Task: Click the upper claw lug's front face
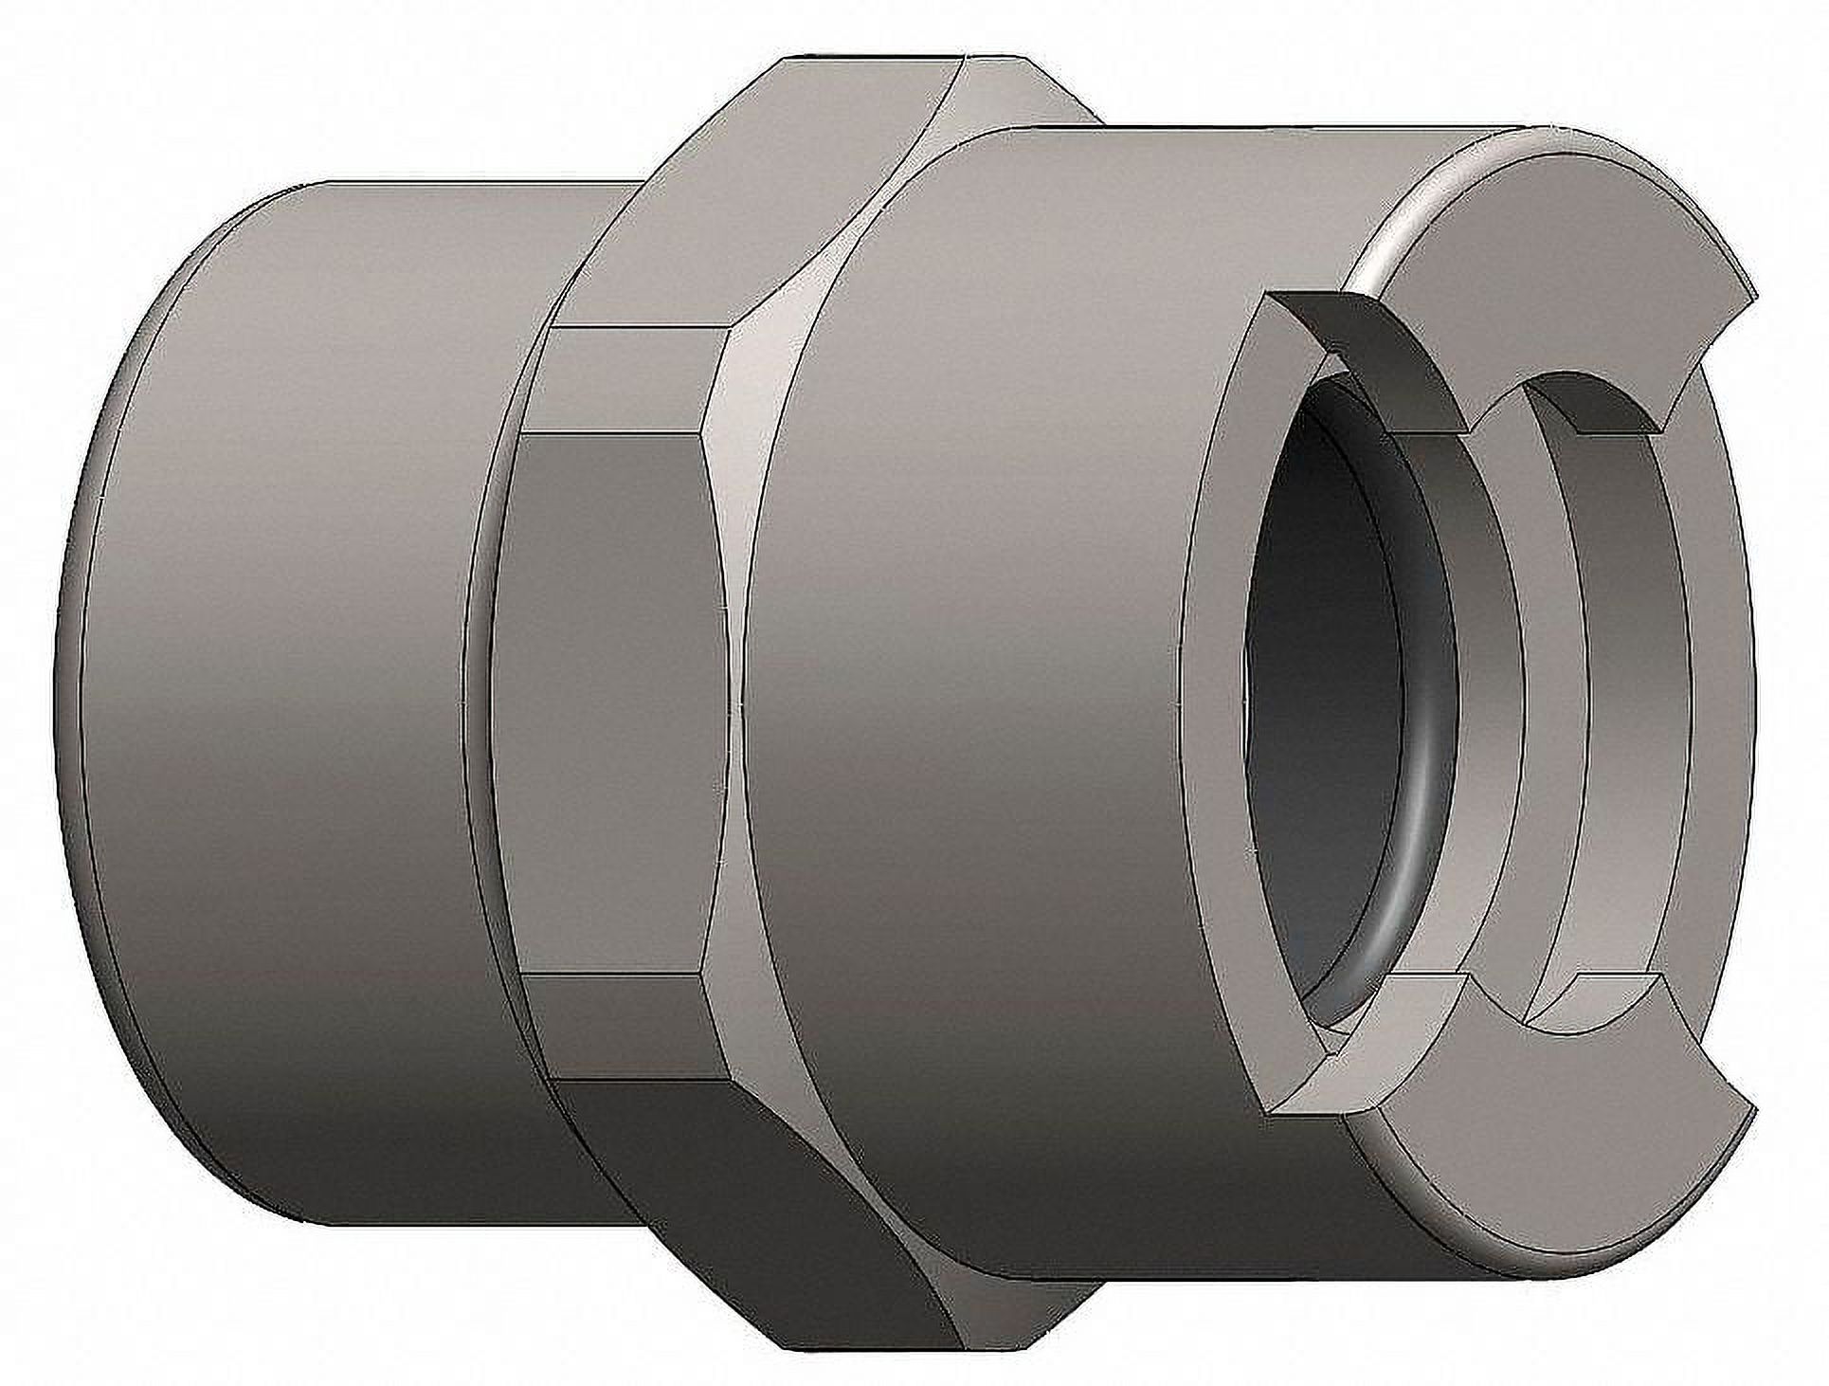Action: pos(1554,284)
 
